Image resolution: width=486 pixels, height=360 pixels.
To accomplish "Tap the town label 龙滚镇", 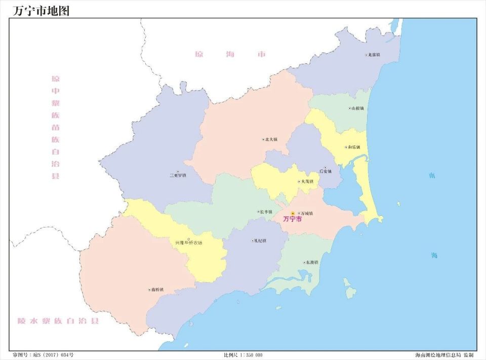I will (374, 55).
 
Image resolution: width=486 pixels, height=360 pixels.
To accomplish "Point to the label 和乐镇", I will (354, 147).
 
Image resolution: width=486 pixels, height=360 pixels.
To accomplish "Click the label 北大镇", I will (271, 140).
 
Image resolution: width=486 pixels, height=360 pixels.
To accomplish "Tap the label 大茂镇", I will (307, 181).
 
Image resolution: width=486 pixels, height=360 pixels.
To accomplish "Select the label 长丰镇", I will (266, 212).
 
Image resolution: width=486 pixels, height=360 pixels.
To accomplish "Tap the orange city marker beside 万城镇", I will (293, 214).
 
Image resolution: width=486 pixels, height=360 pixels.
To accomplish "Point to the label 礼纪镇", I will (260, 241).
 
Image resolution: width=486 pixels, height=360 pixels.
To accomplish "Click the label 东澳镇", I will (311, 262).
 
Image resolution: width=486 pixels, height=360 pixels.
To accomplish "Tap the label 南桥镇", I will (156, 290).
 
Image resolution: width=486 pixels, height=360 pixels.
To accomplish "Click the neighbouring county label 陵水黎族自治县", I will (58, 321).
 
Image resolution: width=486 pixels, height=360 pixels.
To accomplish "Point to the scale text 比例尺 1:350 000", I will (243, 355).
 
